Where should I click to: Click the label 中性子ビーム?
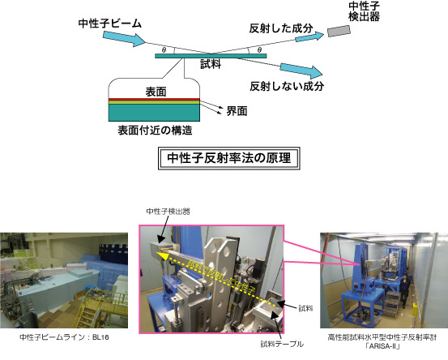(109, 24)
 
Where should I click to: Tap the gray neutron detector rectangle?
(339, 31)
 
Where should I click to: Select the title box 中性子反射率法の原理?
(228, 158)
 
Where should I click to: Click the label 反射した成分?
(281, 28)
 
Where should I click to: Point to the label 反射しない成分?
(287, 86)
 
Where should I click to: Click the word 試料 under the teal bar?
(211, 64)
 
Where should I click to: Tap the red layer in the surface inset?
(154, 100)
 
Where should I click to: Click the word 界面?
(237, 111)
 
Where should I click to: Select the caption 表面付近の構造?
(155, 131)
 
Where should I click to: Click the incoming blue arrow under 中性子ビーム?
(124, 38)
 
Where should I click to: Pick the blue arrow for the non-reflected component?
(301, 71)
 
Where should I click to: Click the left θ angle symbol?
(164, 50)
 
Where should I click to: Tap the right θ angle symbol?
(259, 50)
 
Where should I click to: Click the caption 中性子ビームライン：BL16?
(64, 337)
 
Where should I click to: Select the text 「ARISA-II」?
(382, 346)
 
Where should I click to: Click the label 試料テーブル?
(282, 345)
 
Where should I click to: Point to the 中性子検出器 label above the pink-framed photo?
(168, 212)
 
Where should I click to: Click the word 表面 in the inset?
(156, 92)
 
